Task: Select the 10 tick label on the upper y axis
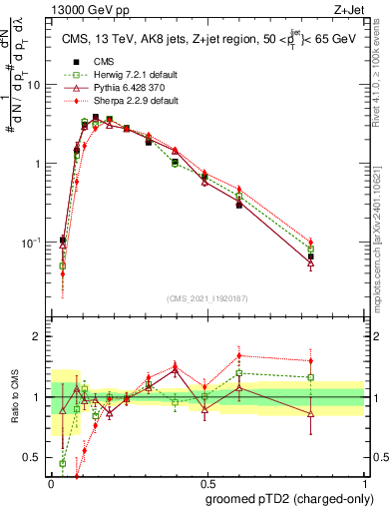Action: point(34,85)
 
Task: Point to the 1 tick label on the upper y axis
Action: point(38,164)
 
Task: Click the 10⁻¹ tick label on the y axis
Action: point(33,243)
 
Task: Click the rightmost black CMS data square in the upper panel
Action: point(311,256)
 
